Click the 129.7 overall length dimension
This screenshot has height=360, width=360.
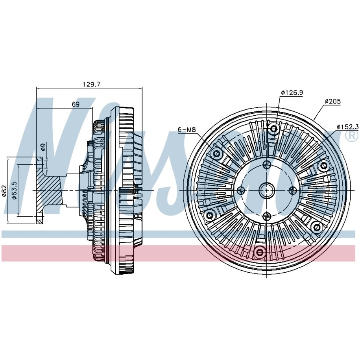point(92,85)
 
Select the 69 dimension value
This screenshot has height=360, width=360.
point(76,104)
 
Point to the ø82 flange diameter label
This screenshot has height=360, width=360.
point(4,191)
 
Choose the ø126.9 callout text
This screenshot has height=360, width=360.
point(292,92)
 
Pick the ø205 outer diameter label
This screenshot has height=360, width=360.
point(333,101)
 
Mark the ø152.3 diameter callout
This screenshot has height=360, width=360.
point(347,127)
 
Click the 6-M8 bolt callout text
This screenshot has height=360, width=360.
point(186,130)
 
